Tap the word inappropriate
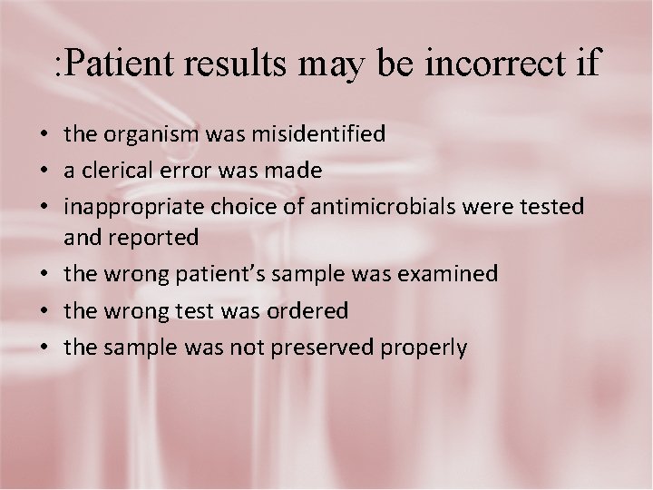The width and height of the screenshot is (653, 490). point(133,208)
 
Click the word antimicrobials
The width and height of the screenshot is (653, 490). point(385,207)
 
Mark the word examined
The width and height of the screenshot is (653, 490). point(447,274)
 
